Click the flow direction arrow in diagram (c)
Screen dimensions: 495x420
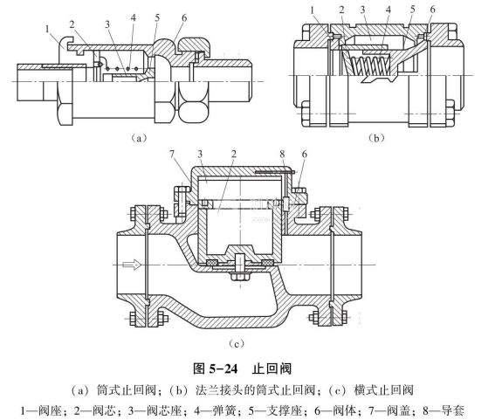(132, 265)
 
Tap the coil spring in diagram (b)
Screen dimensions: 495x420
(369, 65)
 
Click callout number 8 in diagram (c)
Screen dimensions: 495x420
(282, 154)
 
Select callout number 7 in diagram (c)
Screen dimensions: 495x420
(172, 154)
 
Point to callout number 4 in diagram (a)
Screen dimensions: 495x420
(134, 17)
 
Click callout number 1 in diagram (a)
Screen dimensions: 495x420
(47, 29)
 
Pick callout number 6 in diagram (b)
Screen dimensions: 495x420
(432, 10)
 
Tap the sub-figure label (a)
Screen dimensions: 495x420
(138, 138)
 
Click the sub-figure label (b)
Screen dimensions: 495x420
(376, 138)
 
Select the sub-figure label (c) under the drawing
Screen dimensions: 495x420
(237, 343)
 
